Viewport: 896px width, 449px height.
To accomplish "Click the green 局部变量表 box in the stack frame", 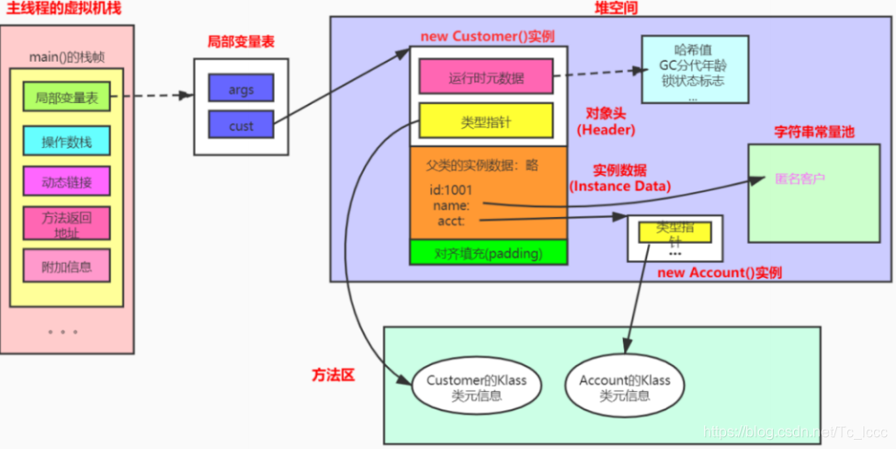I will tap(66, 98).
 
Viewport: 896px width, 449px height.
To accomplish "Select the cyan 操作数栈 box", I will tap(66, 142).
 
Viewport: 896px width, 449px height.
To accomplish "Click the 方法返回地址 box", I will tap(66, 223).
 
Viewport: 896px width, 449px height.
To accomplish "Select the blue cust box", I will tap(241, 126).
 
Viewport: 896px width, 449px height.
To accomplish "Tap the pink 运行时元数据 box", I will tap(486, 77).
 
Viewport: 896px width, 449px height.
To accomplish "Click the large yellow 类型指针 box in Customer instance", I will tap(486, 121).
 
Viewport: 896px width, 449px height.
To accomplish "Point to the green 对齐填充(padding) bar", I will tap(488, 253).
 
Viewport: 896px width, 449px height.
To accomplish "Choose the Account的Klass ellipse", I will tap(625, 387).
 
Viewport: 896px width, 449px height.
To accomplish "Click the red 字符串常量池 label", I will tap(814, 132).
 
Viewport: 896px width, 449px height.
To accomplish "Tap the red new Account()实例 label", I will tap(720, 273).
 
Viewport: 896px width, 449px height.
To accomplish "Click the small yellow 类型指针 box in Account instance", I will tap(675, 232).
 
